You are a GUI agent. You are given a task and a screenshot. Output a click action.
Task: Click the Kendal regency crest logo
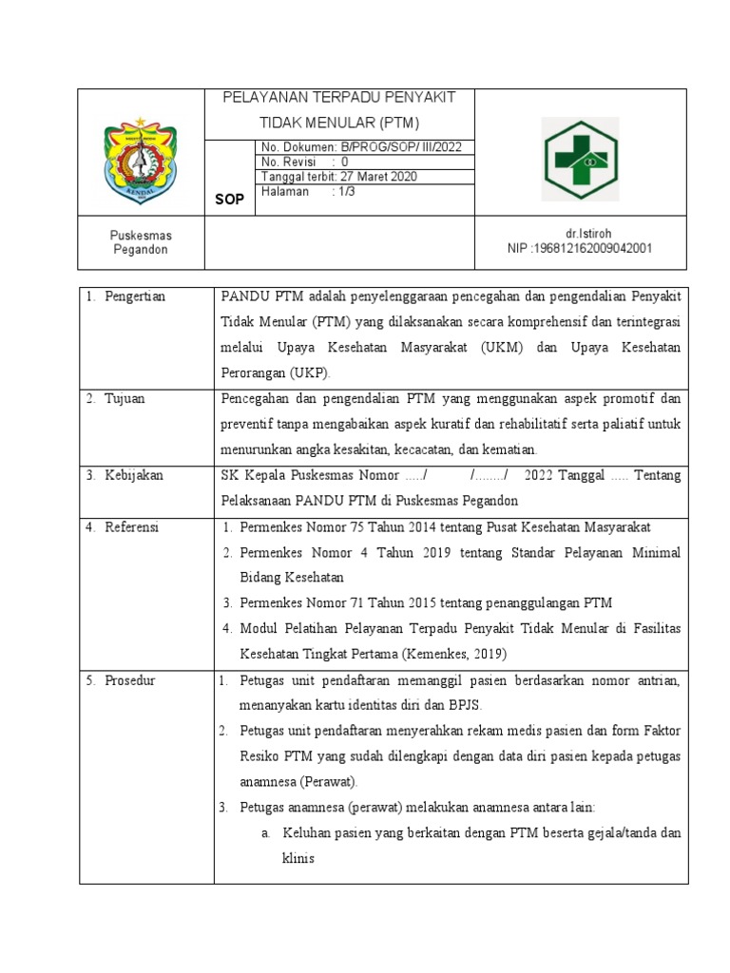pos(141,159)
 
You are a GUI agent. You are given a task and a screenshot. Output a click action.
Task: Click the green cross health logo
pos(580,159)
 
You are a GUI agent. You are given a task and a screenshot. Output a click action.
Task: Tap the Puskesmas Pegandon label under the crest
pos(140,242)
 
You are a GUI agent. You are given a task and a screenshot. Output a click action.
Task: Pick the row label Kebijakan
pos(134,475)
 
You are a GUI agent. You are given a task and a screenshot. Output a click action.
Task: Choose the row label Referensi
pos(132,526)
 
